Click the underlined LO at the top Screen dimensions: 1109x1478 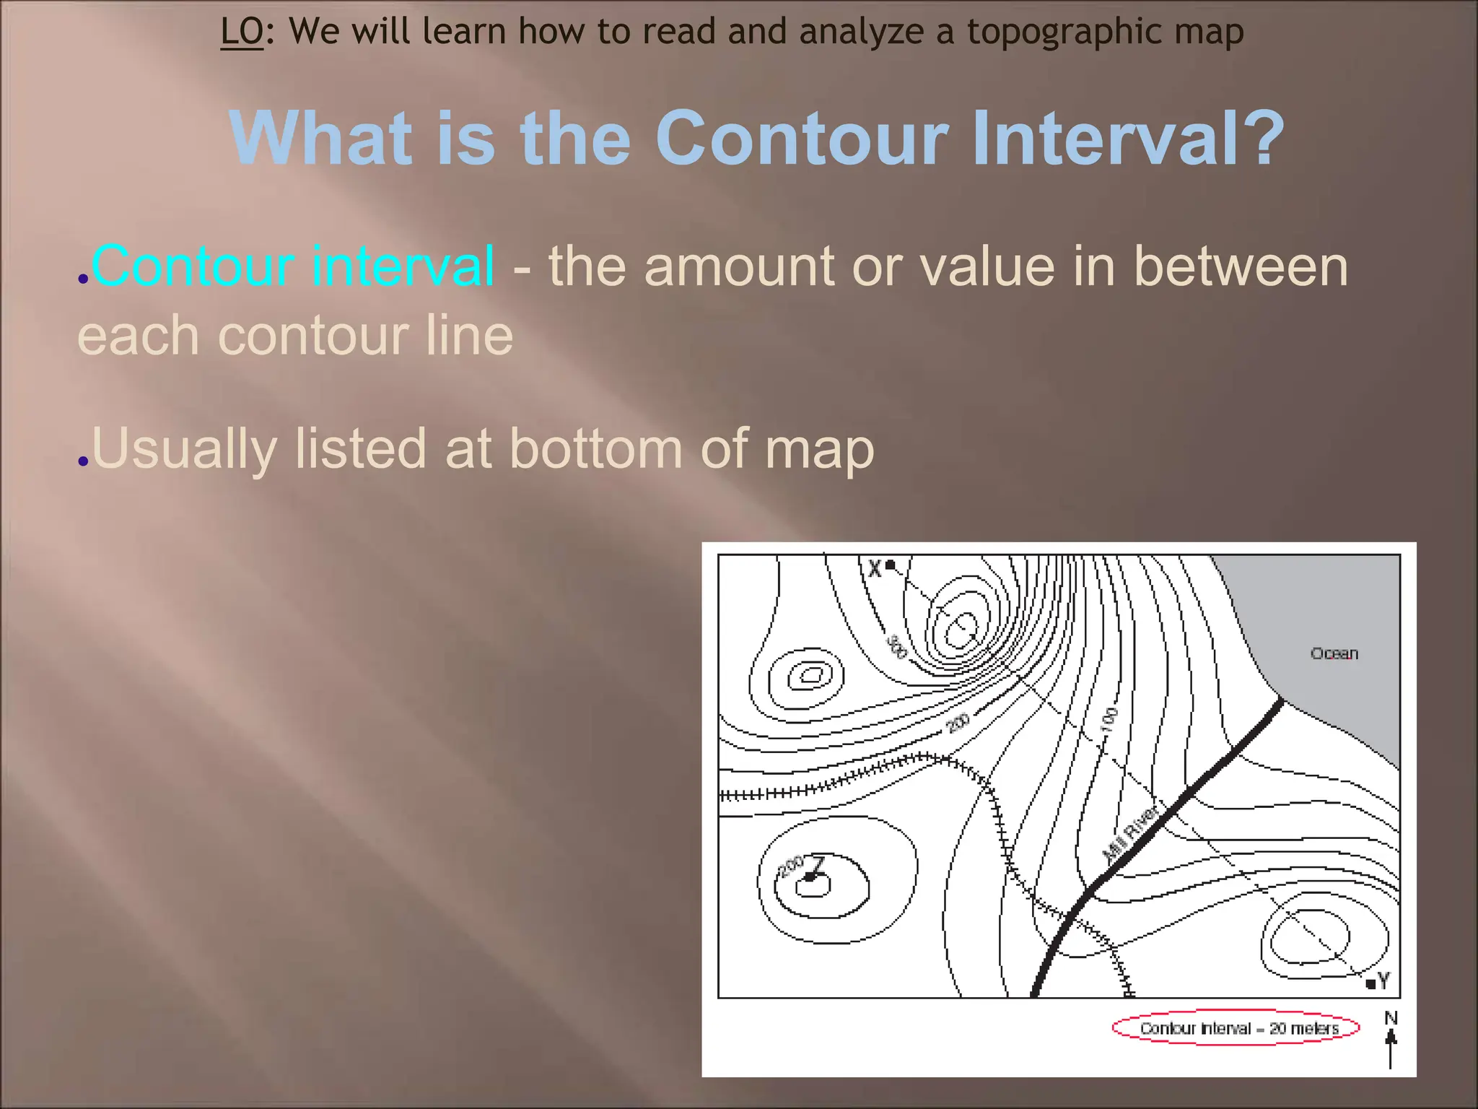[242, 32]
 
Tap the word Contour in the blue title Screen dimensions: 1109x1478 [801, 138]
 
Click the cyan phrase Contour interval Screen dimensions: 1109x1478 [293, 266]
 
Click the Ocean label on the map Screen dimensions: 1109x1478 [1334, 653]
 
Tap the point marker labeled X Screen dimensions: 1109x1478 [891, 565]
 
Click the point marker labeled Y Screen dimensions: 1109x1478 [1370, 983]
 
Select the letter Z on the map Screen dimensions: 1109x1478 [818, 864]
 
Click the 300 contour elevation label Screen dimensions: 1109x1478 [896, 646]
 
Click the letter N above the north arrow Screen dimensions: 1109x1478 [1391, 1017]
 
